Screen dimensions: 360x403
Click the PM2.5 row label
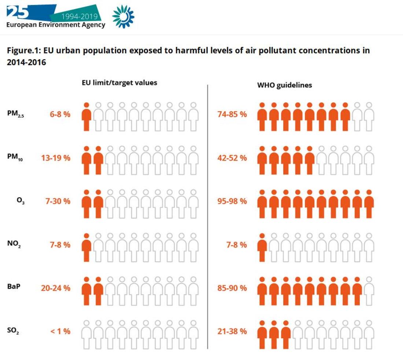point(15,114)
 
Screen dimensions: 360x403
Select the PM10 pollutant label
point(15,158)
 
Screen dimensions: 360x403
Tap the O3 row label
point(21,202)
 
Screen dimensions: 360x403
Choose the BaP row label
point(14,287)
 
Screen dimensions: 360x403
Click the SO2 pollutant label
point(13,331)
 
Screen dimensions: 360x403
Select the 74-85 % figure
point(232,114)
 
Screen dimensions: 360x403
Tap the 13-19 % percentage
point(56,158)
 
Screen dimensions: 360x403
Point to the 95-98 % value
point(232,201)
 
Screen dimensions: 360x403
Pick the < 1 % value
point(60,331)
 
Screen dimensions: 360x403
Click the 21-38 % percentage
point(232,331)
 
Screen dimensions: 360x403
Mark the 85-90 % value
point(232,288)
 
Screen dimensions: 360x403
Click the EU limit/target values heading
point(119,83)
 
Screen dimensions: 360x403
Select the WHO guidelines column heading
point(285,85)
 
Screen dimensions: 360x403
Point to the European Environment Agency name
point(56,25)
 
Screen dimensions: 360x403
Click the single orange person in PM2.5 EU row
point(86,116)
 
